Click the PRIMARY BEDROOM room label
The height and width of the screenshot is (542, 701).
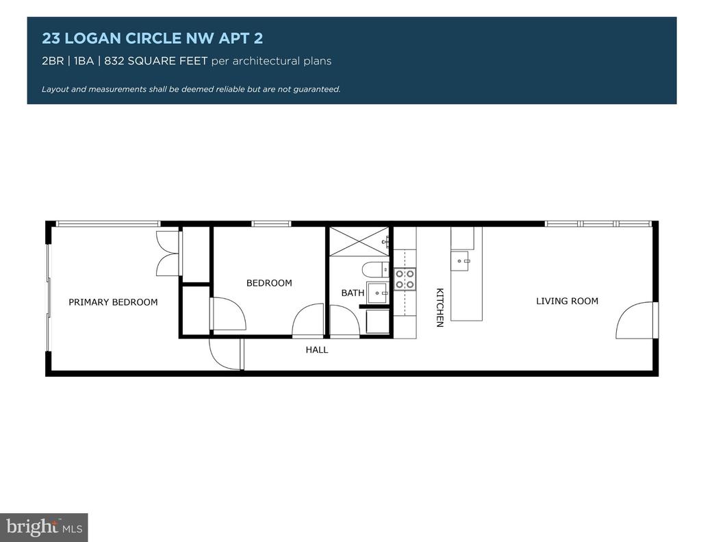pos(113,302)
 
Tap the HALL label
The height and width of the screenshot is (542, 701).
pos(317,350)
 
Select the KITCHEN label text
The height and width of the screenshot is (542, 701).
pos(440,308)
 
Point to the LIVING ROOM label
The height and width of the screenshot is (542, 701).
pos(567,301)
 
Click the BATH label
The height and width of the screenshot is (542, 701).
pos(353,293)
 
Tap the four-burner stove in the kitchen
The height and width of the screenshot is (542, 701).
pos(405,279)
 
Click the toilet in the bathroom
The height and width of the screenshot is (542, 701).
pos(375,269)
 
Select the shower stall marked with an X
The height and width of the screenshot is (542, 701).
pos(359,242)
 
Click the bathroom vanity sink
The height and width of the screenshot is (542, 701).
pos(378,293)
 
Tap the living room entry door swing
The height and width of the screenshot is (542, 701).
pos(635,320)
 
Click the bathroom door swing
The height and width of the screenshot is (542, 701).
pos(344,320)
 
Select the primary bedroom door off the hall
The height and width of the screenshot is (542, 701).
pos(226,354)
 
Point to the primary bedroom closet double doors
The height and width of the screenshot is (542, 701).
pos(167,253)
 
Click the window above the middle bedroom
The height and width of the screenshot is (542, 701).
pos(271,223)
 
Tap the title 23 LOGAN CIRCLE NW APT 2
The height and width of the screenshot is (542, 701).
pos(153,38)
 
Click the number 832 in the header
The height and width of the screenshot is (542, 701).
pos(114,61)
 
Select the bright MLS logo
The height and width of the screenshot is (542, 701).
pos(44,527)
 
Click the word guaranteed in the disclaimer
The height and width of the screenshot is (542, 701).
pos(317,89)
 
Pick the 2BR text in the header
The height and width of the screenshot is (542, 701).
pos(53,61)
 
